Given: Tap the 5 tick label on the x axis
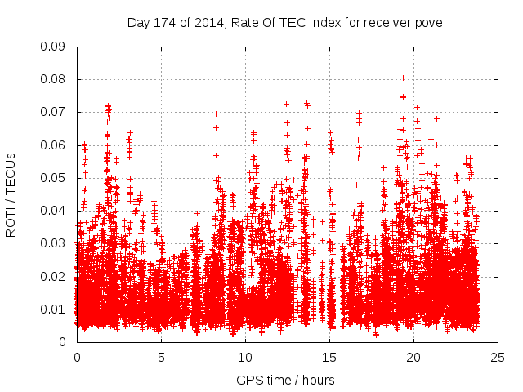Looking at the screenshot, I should (x=161, y=357).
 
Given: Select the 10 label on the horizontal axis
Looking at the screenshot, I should (x=245, y=357).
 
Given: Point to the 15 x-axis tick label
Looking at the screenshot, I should (x=329, y=357).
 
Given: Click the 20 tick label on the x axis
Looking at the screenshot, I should (x=413, y=357).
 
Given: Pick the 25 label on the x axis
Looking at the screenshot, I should (x=498, y=357).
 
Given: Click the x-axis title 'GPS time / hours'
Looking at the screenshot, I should (x=285, y=380).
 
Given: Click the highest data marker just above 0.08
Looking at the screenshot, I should (x=403, y=78).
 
